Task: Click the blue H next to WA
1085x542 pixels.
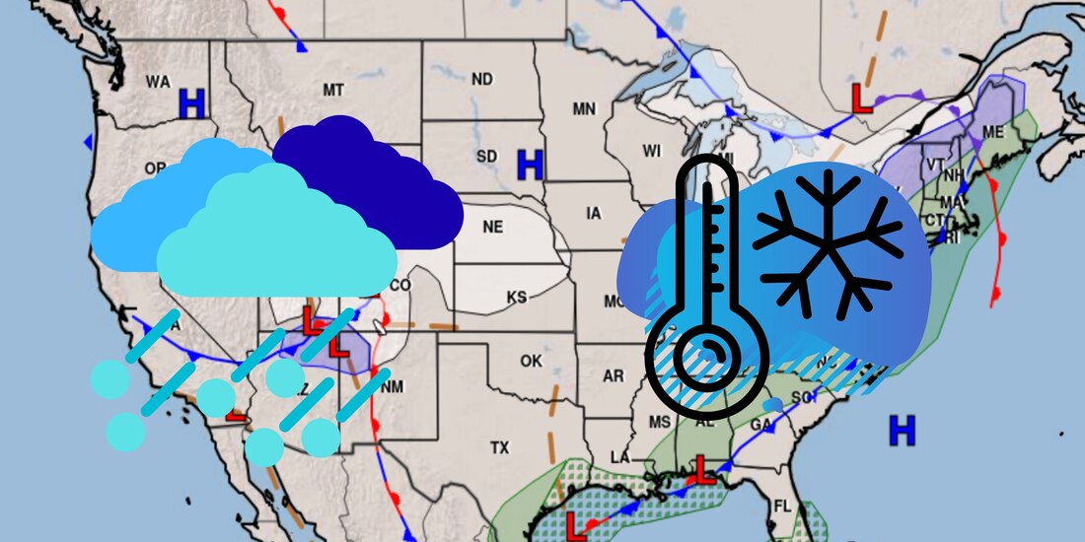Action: pos(191,102)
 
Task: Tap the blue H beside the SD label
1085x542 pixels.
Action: pos(531,165)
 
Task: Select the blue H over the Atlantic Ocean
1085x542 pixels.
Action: pos(902,429)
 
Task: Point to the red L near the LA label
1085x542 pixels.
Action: pos(702,470)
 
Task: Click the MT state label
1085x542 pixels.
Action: pos(333,90)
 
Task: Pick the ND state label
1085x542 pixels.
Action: pos(481,79)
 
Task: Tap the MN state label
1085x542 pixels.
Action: pos(584,108)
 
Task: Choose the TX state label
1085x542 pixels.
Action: pos(500,448)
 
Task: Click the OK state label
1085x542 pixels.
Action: pos(531,361)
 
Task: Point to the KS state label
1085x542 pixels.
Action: pos(517,298)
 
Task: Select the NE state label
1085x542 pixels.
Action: pos(493,227)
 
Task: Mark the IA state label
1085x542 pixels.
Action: pos(593,213)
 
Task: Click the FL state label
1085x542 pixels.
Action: pos(782,507)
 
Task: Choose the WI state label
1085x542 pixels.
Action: pos(651,151)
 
